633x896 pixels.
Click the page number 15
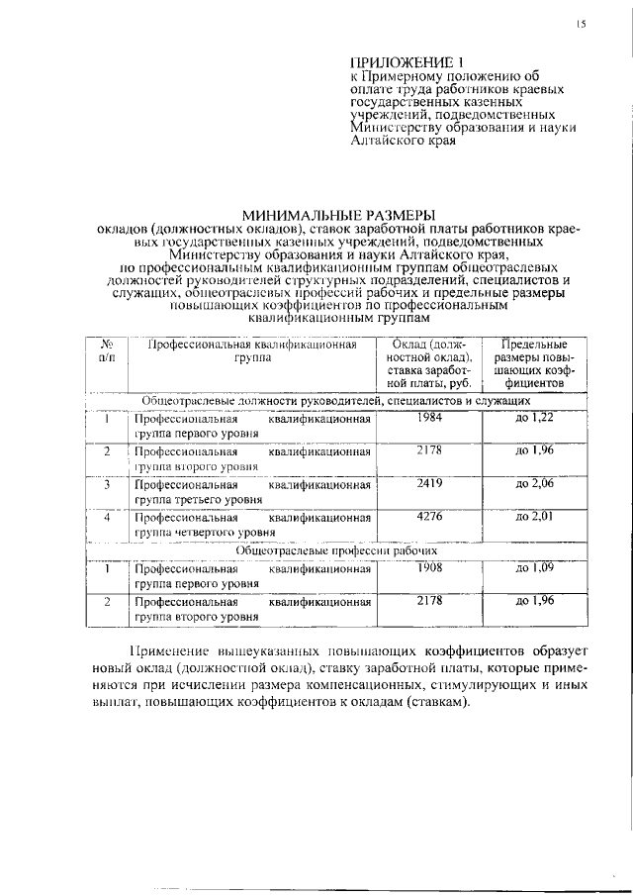click(583, 25)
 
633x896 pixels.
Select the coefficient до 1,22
click(534, 419)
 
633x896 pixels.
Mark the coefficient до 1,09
click(534, 568)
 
